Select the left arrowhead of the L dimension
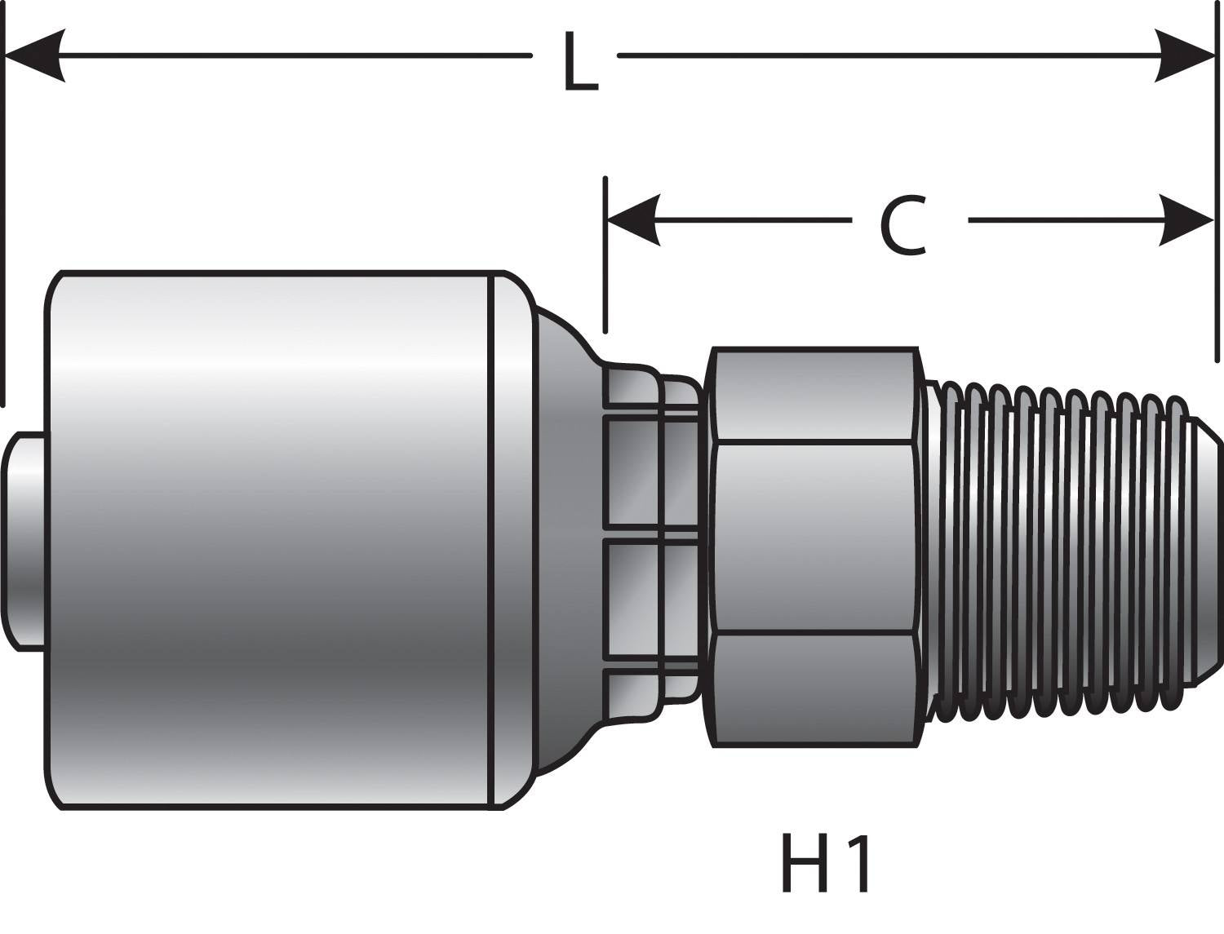pyautogui.click(x=36, y=55)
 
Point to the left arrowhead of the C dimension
pyautogui.click(x=633, y=220)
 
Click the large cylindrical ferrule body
pyautogui.click(x=269, y=538)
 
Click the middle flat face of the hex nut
pyautogui.click(x=813, y=538)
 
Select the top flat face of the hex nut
pyautogui.click(x=813, y=396)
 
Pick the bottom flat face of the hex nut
pyautogui.click(x=813, y=689)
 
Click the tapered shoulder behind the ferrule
pyautogui.click(x=563, y=538)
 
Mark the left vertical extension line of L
pyautogui.click(x=4, y=204)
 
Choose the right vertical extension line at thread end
pyautogui.click(x=1216, y=204)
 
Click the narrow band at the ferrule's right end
pyautogui.click(x=510, y=538)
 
